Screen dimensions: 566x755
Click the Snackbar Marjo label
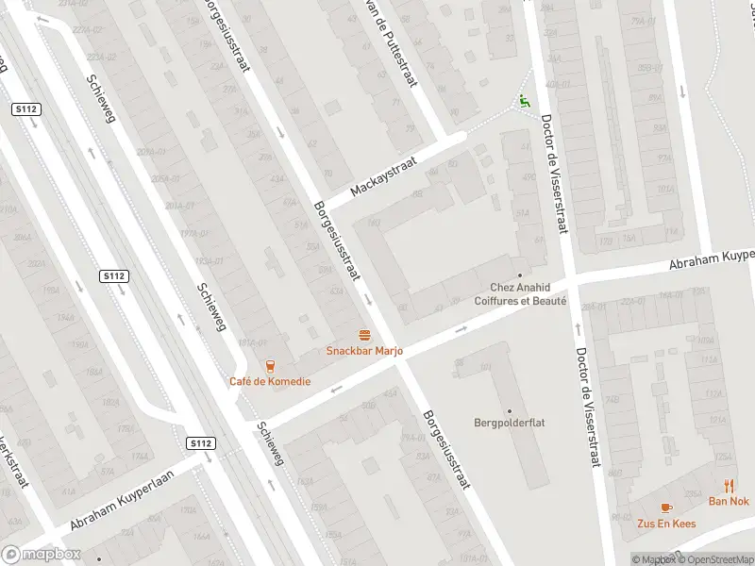click(x=364, y=351)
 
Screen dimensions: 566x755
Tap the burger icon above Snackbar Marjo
click(x=364, y=335)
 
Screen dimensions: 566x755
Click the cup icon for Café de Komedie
click(x=270, y=366)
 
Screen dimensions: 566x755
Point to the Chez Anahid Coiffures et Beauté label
click(x=528, y=294)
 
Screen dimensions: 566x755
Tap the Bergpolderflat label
click(x=510, y=423)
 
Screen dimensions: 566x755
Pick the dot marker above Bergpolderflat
click(x=510, y=410)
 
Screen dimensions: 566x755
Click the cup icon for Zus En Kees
click(x=666, y=507)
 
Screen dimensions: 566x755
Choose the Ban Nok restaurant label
click(x=729, y=501)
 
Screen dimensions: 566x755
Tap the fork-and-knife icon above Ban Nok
click(x=730, y=486)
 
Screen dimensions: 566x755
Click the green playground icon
click(x=524, y=100)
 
